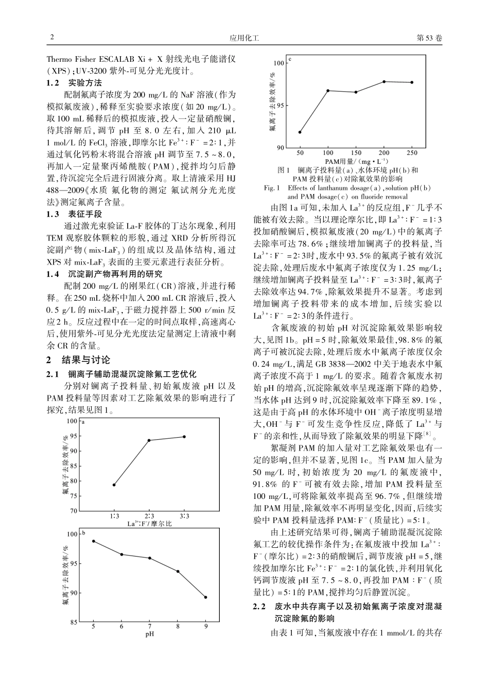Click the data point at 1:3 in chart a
coord(114,485)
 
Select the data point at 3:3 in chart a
coord(184,437)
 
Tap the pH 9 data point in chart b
coord(206,597)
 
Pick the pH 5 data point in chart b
coord(93,541)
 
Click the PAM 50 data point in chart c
coord(300,132)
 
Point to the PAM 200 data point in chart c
coord(384,82)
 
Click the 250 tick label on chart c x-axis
coord(412,153)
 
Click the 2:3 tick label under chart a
coord(149,516)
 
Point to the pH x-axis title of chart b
coord(150,634)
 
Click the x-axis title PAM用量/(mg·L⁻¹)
coord(356,161)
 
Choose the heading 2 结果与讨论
coord(79,360)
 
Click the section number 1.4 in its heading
coord(53,274)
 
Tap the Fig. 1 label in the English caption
coord(271,188)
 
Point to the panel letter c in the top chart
coord(290,59)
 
